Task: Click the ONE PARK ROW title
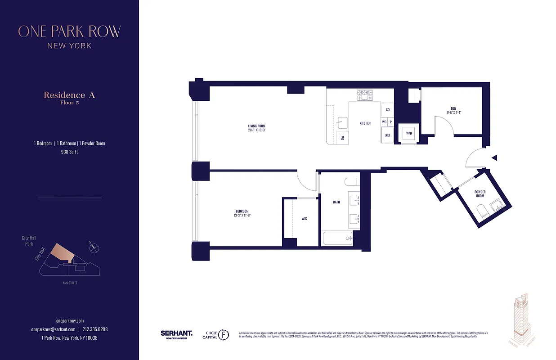(x=69, y=31)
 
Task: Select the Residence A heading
(x=69, y=95)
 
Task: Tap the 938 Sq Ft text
(x=69, y=152)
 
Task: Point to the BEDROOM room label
(x=242, y=211)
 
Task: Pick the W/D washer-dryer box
(x=409, y=134)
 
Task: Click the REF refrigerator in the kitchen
(x=387, y=135)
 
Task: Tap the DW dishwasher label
(x=342, y=138)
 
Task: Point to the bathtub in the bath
(x=337, y=238)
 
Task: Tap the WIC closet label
(x=304, y=219)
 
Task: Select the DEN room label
(x=453, y=108)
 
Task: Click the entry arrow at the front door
(x=494, y=158)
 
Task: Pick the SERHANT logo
(x=176, y=334)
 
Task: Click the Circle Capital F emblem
(x=224, y=335)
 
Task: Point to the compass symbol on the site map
(x=94, y=246)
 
